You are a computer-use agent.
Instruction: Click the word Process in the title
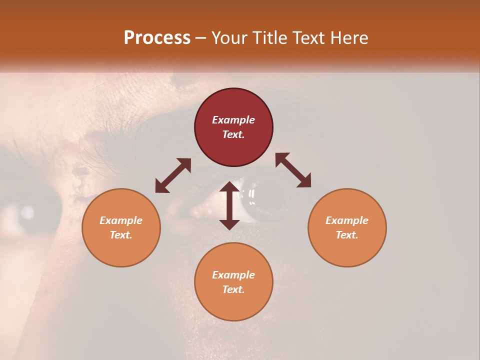[157, 38]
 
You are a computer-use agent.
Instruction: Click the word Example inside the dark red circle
[233, 120]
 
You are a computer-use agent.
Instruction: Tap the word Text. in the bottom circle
[233, 289]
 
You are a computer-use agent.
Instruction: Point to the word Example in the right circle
[347, 220]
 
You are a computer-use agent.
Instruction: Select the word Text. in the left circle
[121, 235]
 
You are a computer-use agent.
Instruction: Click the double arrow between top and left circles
[173, 175]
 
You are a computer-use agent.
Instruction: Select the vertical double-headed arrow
[229, 205]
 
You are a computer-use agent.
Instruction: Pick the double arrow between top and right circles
[293, 170]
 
